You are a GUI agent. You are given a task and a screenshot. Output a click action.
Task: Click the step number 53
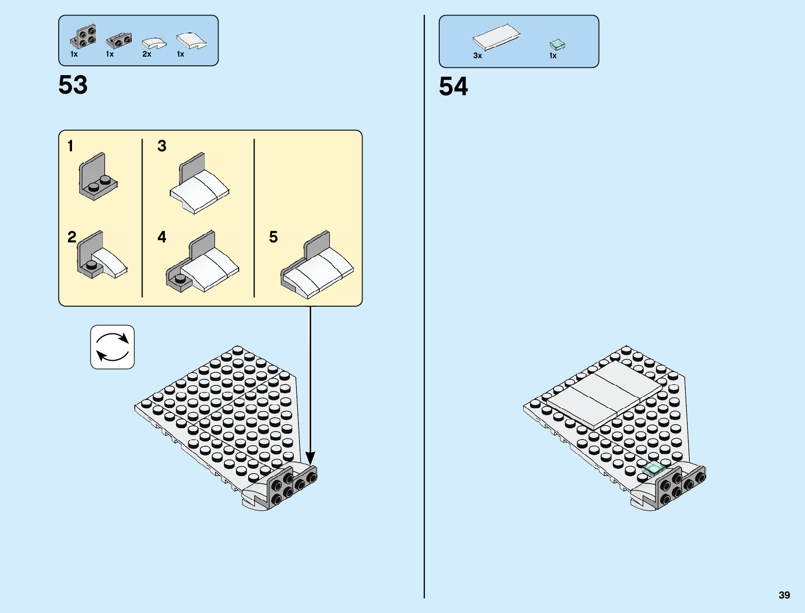73,85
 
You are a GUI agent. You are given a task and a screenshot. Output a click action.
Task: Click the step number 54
453,86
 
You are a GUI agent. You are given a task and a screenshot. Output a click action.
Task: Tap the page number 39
784,596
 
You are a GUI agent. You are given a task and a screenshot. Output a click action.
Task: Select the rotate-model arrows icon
113,347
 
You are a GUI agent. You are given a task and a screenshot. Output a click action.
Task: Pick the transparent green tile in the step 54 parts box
557,45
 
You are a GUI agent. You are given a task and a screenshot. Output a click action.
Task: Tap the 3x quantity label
477,56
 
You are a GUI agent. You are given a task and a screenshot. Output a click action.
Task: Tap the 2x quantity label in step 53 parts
147,54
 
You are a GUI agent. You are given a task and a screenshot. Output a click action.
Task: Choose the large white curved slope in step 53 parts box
191,41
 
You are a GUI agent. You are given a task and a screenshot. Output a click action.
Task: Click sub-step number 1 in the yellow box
70,146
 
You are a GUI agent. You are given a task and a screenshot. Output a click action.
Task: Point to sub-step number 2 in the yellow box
71,237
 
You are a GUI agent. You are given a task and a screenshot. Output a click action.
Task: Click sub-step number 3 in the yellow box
162,146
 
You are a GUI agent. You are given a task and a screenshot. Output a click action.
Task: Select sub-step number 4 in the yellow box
162,237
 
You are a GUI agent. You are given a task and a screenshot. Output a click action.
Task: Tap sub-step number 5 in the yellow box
273,237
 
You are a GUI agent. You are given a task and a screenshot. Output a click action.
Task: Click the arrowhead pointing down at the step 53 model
310,458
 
